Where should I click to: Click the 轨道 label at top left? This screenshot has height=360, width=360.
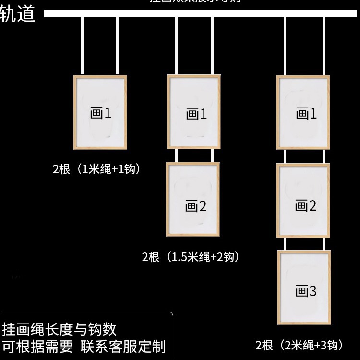coord(18,14)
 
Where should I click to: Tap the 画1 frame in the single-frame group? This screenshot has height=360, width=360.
coord(100,112)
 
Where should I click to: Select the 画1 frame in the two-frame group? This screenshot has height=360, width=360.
coord(194,112)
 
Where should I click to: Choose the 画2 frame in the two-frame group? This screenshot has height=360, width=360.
coord(193,199)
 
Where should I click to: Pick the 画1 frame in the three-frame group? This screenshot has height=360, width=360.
coord(303,112)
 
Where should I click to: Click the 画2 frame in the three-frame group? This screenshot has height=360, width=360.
coord(303,201)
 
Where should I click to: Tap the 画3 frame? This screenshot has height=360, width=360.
coord(304,287)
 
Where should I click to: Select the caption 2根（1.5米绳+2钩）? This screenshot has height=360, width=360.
coord(191,257)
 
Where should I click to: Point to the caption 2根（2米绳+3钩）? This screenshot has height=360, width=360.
coord(300,345)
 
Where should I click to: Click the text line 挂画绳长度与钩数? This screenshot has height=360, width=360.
coord(59,329)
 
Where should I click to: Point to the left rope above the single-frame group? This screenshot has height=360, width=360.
coord(83,46)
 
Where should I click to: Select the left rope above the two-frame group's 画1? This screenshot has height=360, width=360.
coord(176,46)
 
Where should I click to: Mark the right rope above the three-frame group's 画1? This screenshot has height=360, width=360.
coord(324,46)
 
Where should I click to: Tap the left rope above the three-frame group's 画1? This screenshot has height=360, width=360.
coord(285,46)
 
